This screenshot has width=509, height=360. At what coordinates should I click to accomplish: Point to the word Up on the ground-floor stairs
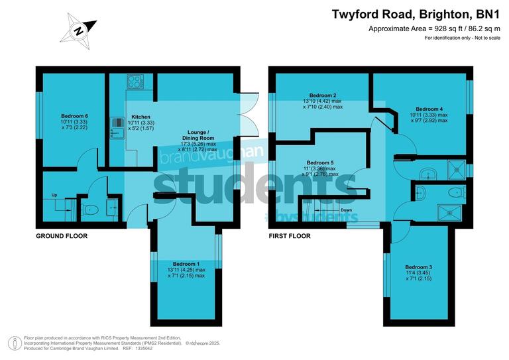pos(54,195)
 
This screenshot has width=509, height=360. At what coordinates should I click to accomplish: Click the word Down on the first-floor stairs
pos(346,210)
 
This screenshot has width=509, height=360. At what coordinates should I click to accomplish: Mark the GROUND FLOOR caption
pos(62,236)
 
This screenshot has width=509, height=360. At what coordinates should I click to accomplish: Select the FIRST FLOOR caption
pos(289,236)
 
